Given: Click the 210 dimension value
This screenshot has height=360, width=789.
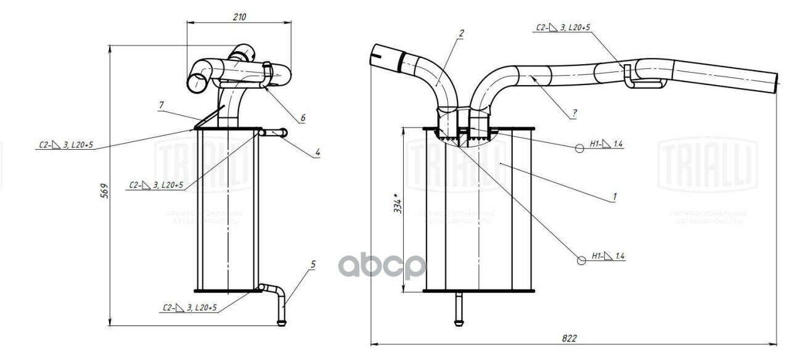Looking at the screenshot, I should [x=239, y=17].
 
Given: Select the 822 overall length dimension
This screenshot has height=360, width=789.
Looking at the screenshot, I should [x=570, y=338].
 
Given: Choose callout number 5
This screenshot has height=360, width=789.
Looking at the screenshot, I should [x=313, y=264].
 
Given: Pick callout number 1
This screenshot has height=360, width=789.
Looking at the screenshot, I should [x=614, y=197].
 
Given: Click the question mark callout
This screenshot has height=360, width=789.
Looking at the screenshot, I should [x=574, y=113].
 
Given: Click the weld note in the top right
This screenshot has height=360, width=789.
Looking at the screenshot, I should [x=563, y=27].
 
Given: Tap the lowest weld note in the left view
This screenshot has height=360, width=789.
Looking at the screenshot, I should [x=190, y=307].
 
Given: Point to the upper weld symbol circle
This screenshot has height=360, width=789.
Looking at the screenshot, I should [x=580, y=147].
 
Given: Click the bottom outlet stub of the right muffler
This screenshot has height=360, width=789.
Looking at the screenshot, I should [x=459, y=308].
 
